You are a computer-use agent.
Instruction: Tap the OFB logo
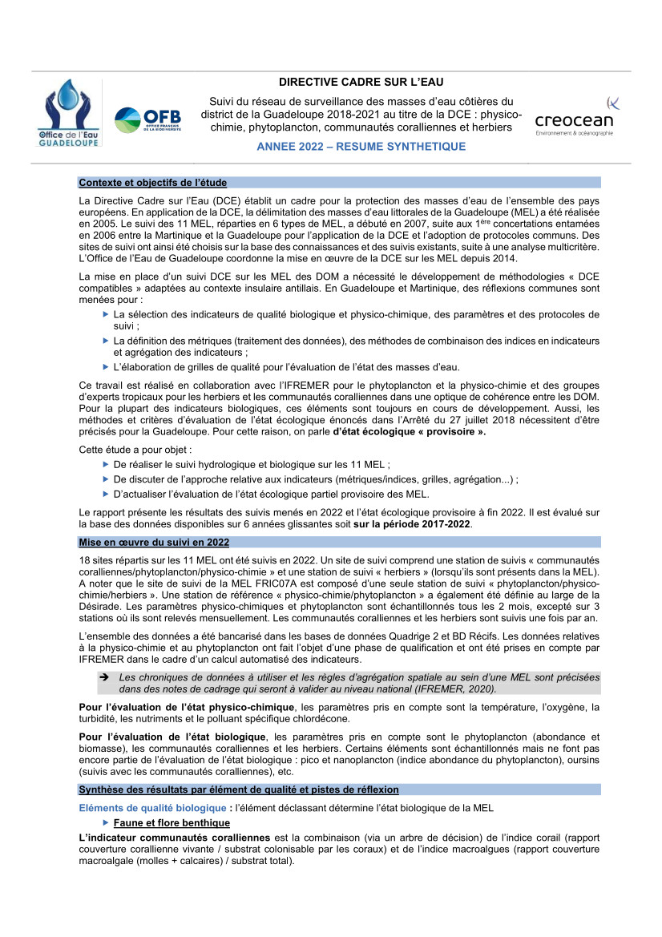point(147,121)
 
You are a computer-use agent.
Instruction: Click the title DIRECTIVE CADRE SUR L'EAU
point(361,82)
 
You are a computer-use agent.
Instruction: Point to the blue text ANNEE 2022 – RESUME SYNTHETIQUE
point(361,147)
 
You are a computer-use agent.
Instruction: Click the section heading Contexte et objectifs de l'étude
point(153,183)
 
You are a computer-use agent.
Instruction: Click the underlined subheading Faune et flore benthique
point(172,823)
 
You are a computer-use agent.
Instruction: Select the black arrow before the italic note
point(103,677)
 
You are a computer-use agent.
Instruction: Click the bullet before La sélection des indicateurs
point(107,314)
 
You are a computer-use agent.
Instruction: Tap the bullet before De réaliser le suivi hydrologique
point(107,464)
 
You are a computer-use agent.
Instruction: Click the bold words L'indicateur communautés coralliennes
point(175,838)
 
